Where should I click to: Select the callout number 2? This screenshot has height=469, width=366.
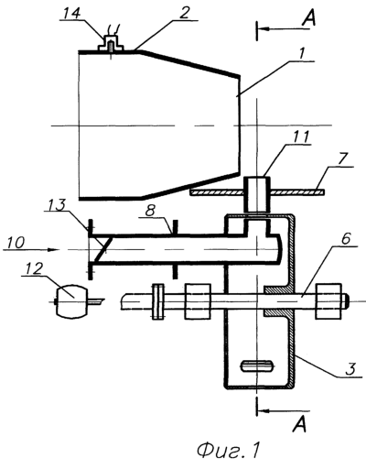184,14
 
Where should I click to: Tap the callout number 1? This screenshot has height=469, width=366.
301,54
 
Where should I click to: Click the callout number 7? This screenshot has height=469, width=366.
342,159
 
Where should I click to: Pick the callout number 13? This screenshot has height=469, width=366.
58,205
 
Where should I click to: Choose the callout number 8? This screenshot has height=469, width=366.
151,211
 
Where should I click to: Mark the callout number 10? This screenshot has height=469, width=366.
16,243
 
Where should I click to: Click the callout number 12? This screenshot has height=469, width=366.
35,268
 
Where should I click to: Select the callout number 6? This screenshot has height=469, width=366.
347,239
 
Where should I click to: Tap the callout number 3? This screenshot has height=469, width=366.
350,368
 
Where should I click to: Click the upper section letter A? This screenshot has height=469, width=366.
308,18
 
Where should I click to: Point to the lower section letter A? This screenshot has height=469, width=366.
299,425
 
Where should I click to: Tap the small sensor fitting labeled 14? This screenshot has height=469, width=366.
111,44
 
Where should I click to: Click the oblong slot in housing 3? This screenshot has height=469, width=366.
257,365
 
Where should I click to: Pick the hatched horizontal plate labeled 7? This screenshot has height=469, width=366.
257,192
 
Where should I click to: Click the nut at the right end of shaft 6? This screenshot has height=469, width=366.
328,301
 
